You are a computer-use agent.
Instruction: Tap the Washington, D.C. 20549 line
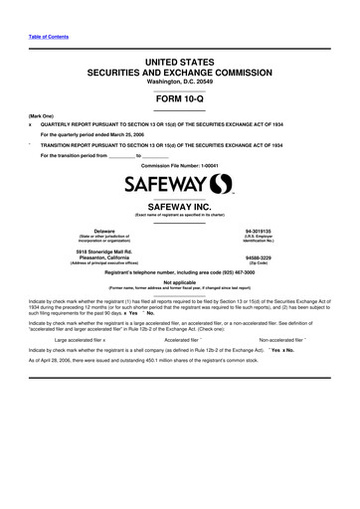[x=179, y=82]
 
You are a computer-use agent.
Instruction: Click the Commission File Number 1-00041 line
[x=179, y=164]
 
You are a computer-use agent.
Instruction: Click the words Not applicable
[x=179, y=280]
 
